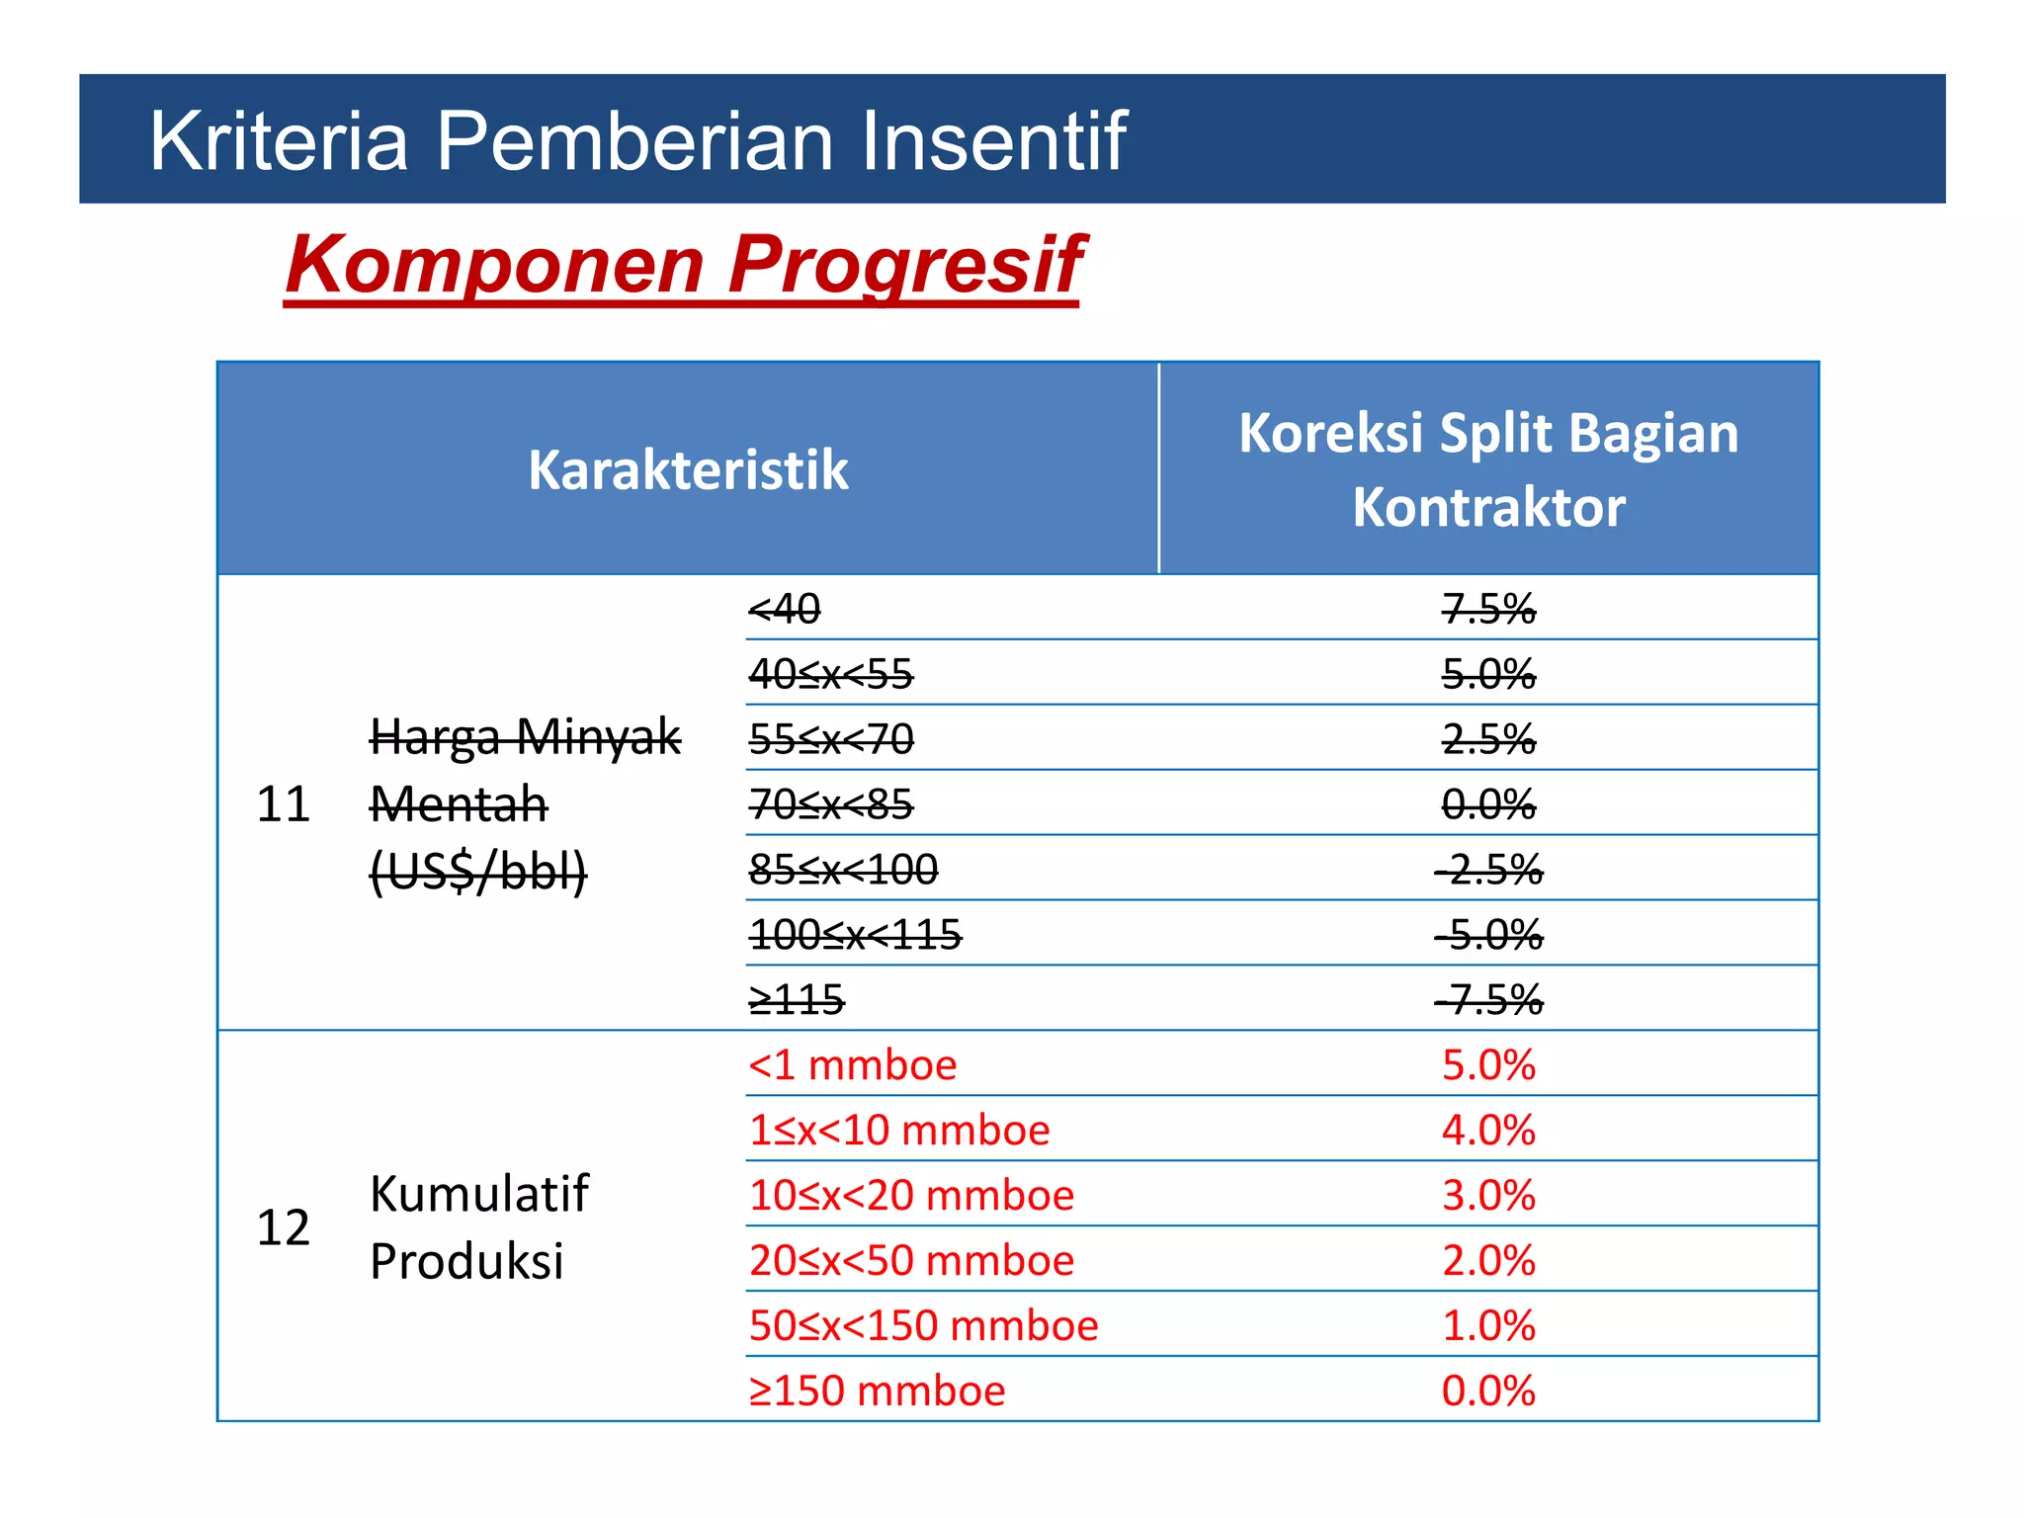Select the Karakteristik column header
click(x=688, y=469)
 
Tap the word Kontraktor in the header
click(x=1487, y=507)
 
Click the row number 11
click(x=283, y=803)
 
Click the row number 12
click(x=283, y=1226)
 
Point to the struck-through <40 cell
click(x=784, y=609)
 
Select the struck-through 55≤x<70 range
click(x=831, y=739)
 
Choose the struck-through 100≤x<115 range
click(x=855, y=935)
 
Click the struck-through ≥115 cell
click(x=796, y=1000)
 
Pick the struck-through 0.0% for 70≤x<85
click(x=1487, y=804)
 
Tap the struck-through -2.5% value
click(x=1487, y=870)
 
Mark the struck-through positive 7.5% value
click(x=1487, y=609)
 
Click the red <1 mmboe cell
click(x=852, y=1065)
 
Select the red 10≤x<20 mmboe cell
click(x=910, y=1196)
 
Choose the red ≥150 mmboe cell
click(x=876, y=1391)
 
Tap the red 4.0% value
click(x=1487, y=1130)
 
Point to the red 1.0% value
click(x=1487, y=1325)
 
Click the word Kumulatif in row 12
click(x=478, y=1194)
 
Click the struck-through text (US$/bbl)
click(x=478, y=871)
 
